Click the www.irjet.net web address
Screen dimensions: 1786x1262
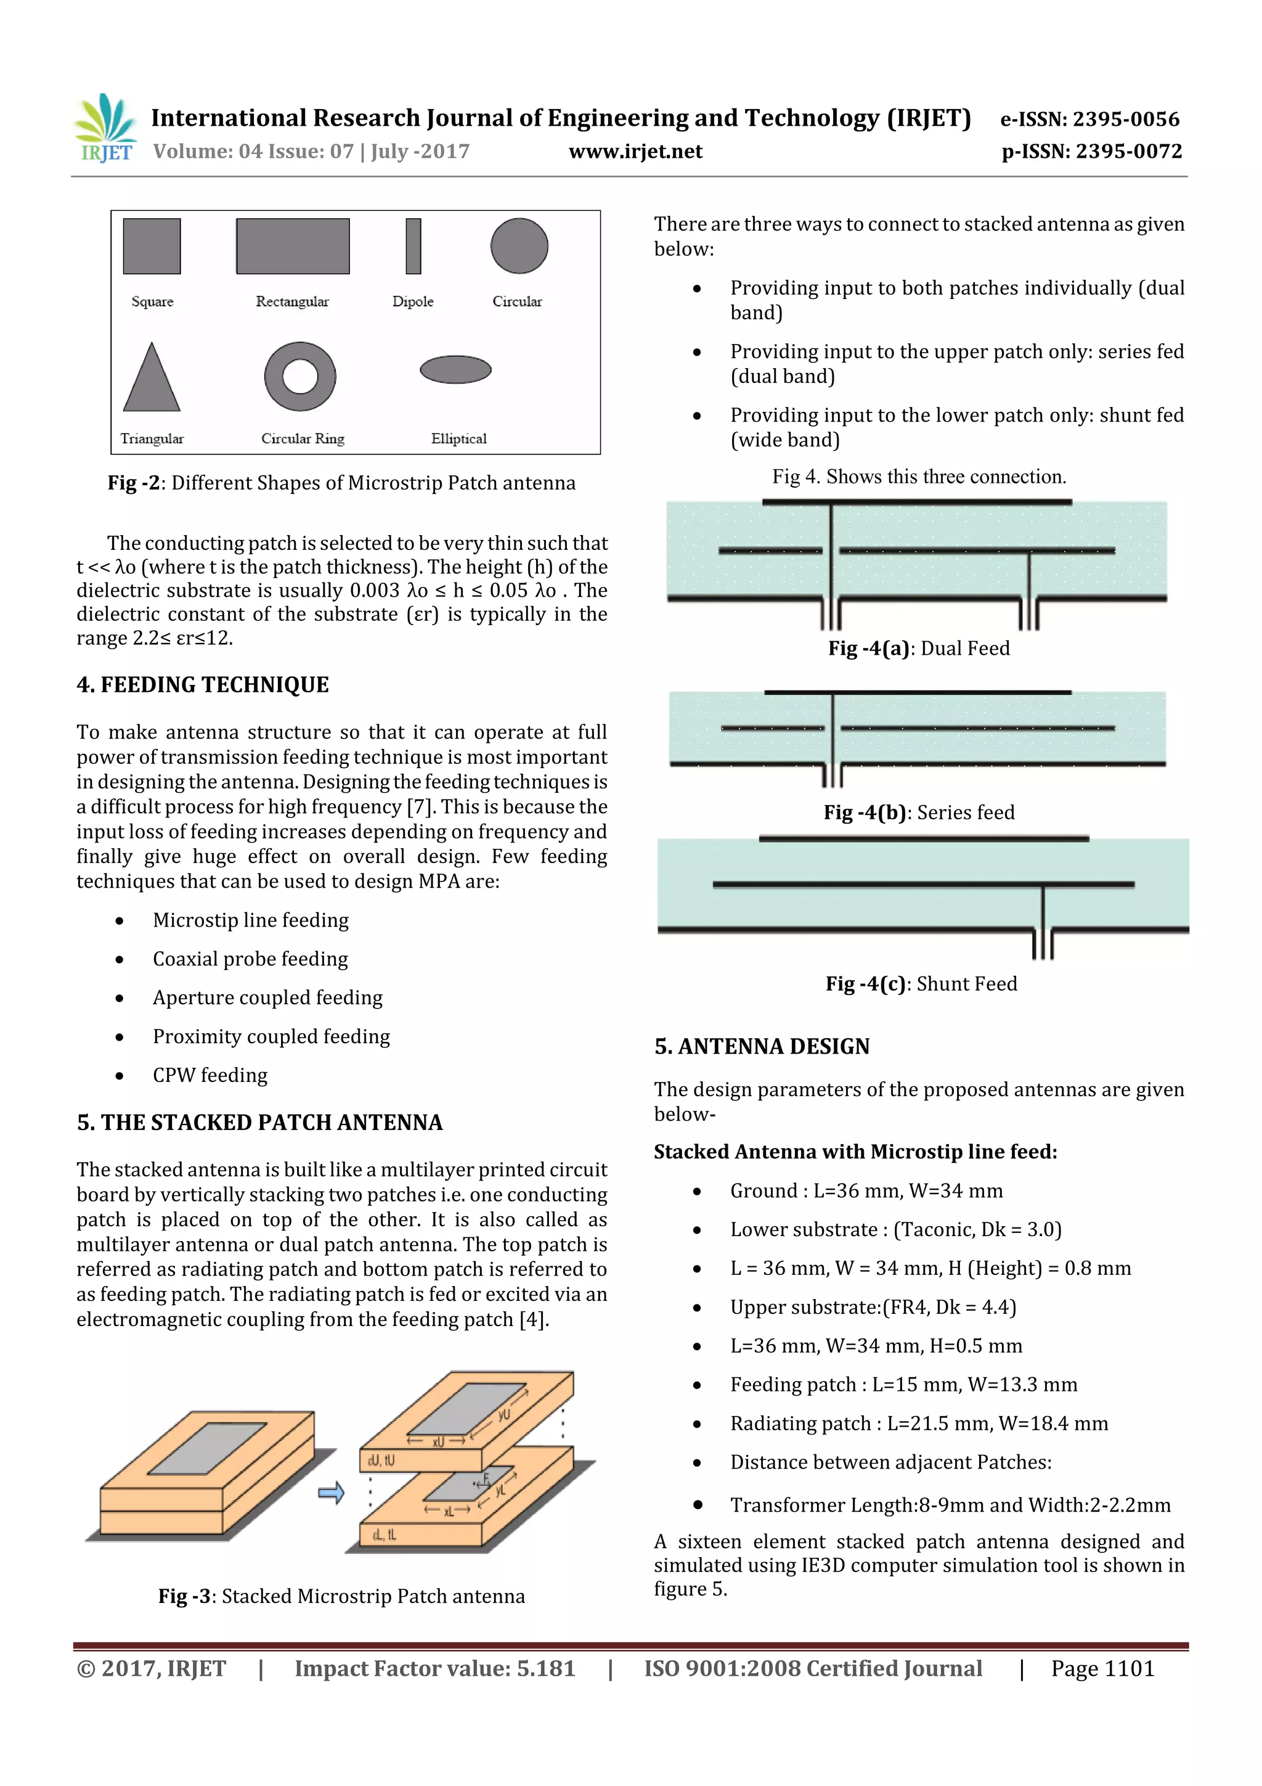(635, 152)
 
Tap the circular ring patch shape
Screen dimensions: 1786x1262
(300, 377)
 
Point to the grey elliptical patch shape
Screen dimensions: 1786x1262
(455, 369)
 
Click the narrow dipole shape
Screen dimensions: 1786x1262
(413, 246)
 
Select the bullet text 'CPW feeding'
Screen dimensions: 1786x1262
(210, 1075)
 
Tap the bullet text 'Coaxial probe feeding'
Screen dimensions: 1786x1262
(250, 959)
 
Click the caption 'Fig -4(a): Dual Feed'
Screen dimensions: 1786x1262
(918, 648)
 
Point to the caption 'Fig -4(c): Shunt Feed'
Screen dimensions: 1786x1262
(921, 984)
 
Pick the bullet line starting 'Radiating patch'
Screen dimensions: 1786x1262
(918, 1423)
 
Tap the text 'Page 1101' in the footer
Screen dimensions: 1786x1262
(1102, 1668)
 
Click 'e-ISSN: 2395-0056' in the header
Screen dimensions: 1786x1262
(1089, 119)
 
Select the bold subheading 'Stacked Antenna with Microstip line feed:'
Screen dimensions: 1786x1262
(855, 1152)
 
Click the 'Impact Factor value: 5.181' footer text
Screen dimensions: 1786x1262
(434, 1668)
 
